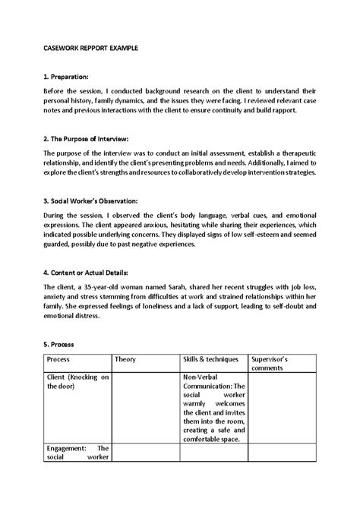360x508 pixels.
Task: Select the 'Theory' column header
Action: pyautogui.click(x=125, y=358)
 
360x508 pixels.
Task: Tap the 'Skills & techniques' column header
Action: pyautogui.click(x=210, y=358)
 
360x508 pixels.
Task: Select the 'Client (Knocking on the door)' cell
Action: pyautogui.click(x=77, y=381)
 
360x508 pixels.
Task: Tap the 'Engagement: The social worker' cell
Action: pyautogui.click(x=77, y=453)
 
